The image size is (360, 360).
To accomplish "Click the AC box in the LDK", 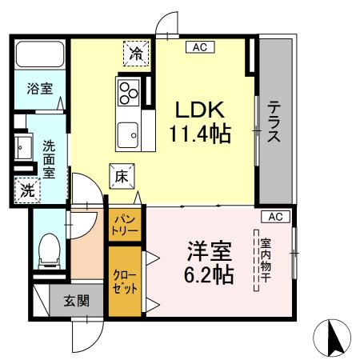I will pos(200,47).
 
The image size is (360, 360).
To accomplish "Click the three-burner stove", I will pos(128,92).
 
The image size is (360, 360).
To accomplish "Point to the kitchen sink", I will pos(128,133).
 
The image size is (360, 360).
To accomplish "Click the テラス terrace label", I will pos(274,121).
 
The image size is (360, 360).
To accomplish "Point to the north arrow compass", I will pos(334,337).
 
